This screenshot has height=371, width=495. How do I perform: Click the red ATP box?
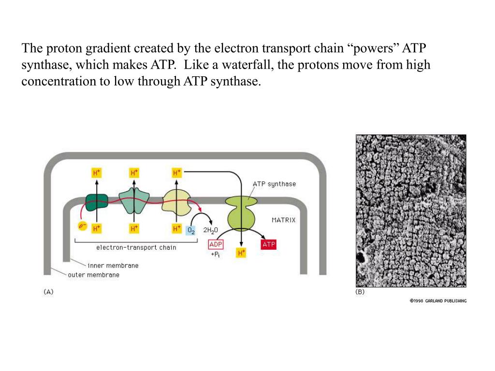coord(269,244)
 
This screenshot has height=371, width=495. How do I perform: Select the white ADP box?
coord(216,245)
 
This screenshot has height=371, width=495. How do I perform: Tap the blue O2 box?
coord(191,230)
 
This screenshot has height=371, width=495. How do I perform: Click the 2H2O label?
coord(211,230)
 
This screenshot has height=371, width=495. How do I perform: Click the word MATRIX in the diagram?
coord(283,220)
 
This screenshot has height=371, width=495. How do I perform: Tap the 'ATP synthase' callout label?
coord(274,184)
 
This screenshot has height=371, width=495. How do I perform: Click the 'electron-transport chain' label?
coord(136,247)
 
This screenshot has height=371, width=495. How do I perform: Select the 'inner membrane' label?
coord(113,265)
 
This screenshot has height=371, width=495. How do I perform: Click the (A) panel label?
coord(48,292)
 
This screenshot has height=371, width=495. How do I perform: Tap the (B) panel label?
coord(360,292)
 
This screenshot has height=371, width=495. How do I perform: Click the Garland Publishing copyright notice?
coord(438,300)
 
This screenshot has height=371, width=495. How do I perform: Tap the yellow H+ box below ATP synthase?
coord(241,253)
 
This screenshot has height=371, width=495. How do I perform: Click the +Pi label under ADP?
coord(215,254)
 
